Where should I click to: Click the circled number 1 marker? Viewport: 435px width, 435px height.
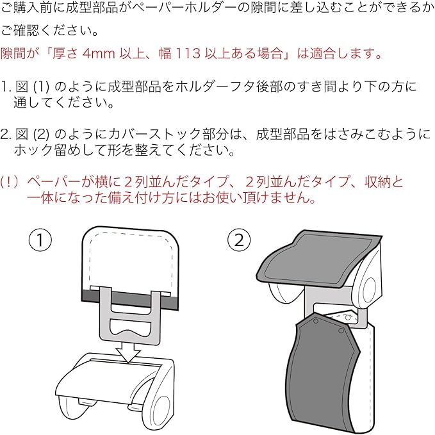click(x=40, y=240)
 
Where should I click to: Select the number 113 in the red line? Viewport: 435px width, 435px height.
click(x=186, y=53)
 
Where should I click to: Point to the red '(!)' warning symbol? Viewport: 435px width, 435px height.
click(x=11, y=183)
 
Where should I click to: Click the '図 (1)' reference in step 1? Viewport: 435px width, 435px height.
click(x=29, y=86)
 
